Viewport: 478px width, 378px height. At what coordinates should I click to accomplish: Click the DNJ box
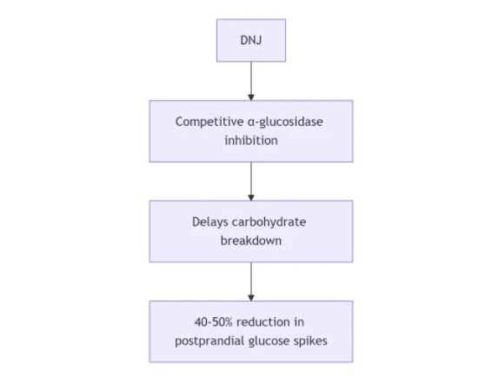251,40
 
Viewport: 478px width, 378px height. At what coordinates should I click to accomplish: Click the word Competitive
209,122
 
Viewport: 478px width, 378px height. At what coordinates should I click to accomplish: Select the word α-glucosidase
285,122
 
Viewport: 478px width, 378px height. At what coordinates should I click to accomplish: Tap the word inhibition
251,141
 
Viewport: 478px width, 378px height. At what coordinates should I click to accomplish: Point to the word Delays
210,222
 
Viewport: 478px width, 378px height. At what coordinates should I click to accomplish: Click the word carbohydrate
269,222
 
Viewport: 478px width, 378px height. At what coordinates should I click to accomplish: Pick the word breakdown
251,241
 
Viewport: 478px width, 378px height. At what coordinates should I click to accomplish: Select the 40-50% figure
214,322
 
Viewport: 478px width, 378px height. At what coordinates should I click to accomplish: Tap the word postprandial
209,342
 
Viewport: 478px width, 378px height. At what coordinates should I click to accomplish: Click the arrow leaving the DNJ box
251,81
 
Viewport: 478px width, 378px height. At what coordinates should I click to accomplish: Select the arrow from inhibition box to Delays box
251,182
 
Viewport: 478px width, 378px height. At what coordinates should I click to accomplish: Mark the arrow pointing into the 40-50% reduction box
251,282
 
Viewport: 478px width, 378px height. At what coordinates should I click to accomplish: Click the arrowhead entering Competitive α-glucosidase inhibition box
251,97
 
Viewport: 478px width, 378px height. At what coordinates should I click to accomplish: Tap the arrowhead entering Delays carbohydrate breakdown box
251,198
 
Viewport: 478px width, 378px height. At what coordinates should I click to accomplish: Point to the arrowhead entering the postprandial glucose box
251,298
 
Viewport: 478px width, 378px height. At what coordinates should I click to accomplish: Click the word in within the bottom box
299,322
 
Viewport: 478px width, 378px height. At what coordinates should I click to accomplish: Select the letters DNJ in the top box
251,40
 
